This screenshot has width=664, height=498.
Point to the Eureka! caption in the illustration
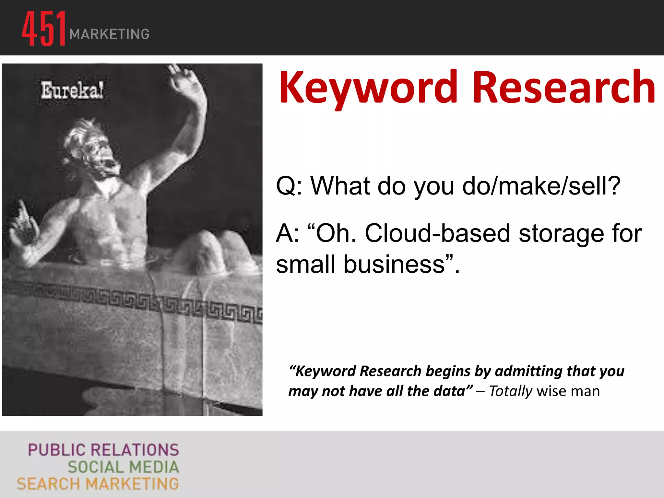tap(72, 90)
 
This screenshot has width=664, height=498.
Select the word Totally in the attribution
tap(510, 391)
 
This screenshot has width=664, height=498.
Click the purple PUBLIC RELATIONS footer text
tap(103, 450)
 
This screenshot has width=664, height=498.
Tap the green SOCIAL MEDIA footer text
tap(123, 467)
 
